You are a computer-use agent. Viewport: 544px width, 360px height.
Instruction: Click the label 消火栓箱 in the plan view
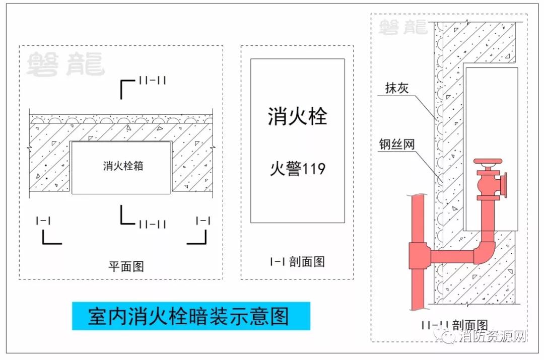click(123, 166)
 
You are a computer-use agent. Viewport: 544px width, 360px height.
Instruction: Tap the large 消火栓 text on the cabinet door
click(297, 116)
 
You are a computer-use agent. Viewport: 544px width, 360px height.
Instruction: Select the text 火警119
click(297, 168)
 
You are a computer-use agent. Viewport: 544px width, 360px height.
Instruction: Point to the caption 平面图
click(126, 266)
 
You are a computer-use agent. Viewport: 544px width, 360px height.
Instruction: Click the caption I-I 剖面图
click(297, 261)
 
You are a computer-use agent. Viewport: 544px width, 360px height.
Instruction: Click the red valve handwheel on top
click(488, 163)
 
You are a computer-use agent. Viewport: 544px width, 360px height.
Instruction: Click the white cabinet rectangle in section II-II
click(491, 116)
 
